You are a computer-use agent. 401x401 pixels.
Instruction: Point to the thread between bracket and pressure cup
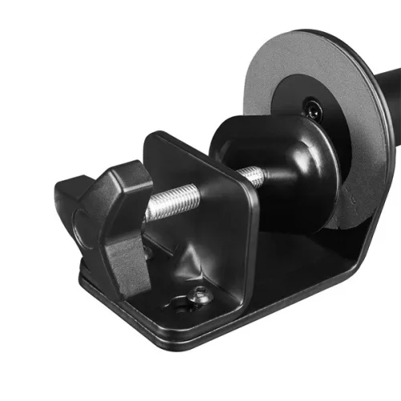click(x=252, y=174)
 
